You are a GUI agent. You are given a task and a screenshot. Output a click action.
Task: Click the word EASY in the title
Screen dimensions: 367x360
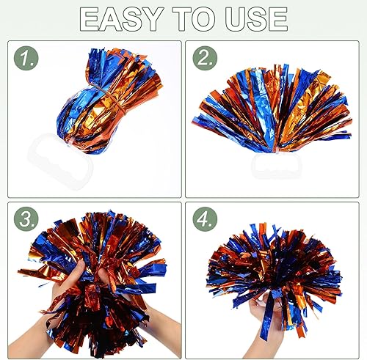click(x=122, y=19)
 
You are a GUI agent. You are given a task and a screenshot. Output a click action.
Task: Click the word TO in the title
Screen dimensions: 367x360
click(x=195, y=19)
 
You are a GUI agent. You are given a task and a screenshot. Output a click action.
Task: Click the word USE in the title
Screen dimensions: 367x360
click(x=256, y=19)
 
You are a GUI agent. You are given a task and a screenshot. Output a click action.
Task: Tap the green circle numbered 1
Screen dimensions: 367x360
click(x=26, y=58)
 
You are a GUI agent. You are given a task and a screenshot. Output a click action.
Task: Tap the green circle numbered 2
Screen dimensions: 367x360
click(x=205, y=58)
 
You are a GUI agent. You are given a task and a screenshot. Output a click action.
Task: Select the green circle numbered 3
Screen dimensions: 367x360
click(x=26, y=219)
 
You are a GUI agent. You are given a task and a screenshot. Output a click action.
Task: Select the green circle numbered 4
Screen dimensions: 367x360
click(x=205, y=219)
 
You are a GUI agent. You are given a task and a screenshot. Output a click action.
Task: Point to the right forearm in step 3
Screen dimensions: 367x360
click(x=163, y=325)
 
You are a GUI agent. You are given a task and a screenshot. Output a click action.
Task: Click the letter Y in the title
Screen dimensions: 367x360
click(x=150, y=19)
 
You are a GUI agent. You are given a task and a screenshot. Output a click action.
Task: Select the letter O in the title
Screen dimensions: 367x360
click(x=205, y=19)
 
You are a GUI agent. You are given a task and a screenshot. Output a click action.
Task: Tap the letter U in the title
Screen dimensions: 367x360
click(x=236, y=19)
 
